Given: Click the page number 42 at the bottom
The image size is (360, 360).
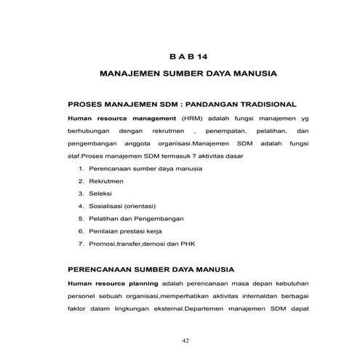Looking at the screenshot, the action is pos(185,339).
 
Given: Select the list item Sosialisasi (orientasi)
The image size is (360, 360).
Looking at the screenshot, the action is pos(122,206).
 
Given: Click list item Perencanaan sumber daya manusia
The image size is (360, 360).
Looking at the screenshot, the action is pos(141,168).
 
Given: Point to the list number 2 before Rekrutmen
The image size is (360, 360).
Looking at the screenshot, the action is pos(81,181).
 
